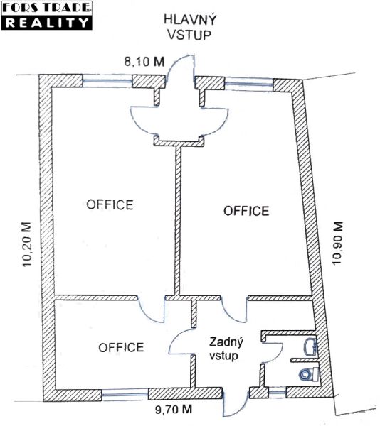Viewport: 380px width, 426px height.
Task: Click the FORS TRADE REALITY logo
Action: (47, 16)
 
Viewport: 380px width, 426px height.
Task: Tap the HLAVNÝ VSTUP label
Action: (190, 27)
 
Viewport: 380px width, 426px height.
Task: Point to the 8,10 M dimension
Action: (144, 62)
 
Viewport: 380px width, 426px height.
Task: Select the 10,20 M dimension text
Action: (27, 244)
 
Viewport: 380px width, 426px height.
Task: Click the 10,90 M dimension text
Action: (337, 243)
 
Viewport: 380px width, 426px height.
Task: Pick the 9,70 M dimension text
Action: (174, 409)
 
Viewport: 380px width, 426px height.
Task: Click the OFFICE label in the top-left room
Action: (110, 204)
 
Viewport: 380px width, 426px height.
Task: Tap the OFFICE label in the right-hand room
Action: (246, 211)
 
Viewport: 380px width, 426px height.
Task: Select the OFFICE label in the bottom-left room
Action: (121, 347)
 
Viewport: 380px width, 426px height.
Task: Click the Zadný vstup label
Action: (226, 349)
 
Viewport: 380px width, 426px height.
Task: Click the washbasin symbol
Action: (310, 346)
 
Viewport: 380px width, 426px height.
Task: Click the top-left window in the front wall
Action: (107, 81)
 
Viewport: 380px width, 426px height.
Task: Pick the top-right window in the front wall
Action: (249, 82)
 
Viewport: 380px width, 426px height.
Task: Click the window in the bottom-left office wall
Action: (125, 394)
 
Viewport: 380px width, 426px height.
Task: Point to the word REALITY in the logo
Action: (47, 23)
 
